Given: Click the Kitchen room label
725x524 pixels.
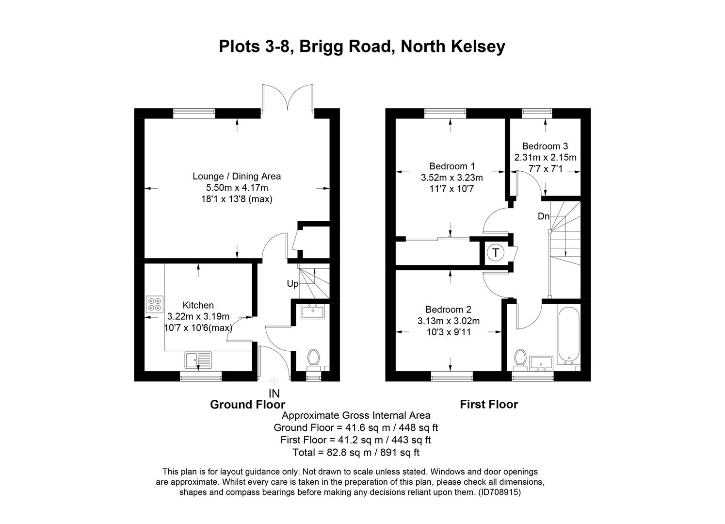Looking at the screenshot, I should point(198,305).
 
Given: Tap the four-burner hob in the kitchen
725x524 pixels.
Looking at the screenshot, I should point(155,304).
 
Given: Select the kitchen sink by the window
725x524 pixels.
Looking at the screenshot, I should point(198,360).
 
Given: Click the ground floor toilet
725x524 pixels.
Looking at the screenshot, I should point(313,359).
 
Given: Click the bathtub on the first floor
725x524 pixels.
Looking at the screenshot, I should point(567,335).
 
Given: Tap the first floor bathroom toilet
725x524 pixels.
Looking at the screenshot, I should point(521,359).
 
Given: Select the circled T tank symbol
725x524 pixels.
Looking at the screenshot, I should point(495,253).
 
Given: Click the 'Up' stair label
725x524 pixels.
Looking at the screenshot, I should point(292,284).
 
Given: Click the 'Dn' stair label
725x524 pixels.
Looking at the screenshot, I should point(543,216).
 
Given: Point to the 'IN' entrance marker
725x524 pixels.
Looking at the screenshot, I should point(274,393).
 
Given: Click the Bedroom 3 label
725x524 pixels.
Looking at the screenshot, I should point(545,146).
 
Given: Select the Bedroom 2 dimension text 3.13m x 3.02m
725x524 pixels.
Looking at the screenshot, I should point(448,321).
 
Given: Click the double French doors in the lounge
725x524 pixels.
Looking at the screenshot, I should point(288,98).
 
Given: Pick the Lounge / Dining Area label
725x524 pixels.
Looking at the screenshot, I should point(237,176).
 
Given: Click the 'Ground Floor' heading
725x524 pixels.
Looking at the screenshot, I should point(247,405).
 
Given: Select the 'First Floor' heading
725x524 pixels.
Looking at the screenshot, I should point(488,405).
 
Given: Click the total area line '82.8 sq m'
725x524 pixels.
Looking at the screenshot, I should point(355,453).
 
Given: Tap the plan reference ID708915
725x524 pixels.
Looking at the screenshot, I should point(499,492).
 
